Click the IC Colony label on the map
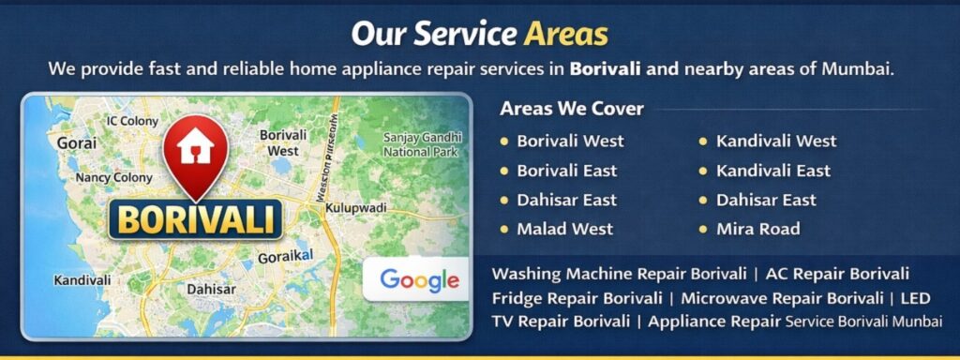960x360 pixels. point(132,121)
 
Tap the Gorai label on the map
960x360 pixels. point(77,143)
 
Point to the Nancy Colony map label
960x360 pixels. point(113,177)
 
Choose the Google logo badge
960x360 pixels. point(419,279)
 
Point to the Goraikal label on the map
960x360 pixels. point(287,255)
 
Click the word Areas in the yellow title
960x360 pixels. point(566,35)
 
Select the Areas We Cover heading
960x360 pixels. point(572,109)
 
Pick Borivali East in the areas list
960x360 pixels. point(566,171)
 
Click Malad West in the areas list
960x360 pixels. point(564,229)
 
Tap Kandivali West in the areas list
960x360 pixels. point(776,142)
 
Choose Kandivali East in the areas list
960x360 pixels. point(773,171)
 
